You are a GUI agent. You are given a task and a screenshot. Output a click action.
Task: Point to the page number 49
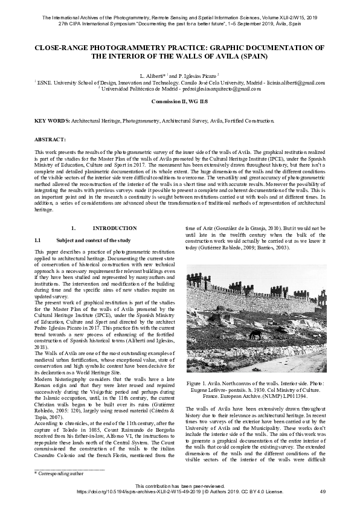click(x=322, y=493)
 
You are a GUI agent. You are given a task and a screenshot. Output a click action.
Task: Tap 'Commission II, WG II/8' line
click(x=179, y=101)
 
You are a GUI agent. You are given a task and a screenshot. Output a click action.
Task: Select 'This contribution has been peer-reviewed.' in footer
click(x=179, y=487)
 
